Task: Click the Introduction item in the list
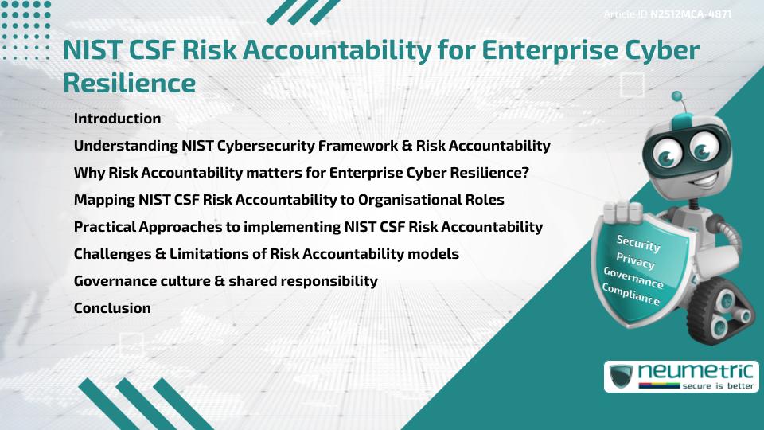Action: coord(117,119)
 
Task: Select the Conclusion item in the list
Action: coord(112,308)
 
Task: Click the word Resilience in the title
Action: coord(129,82)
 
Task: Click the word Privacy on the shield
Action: coord(635,260)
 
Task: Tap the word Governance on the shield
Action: coord(633,278)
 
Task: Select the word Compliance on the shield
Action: coord(631,295)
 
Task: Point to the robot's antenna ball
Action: coord(677,96)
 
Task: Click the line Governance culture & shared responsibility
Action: coord(225,281)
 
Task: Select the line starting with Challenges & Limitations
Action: coord(266,254)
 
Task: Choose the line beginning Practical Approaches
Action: coord(308,227)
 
